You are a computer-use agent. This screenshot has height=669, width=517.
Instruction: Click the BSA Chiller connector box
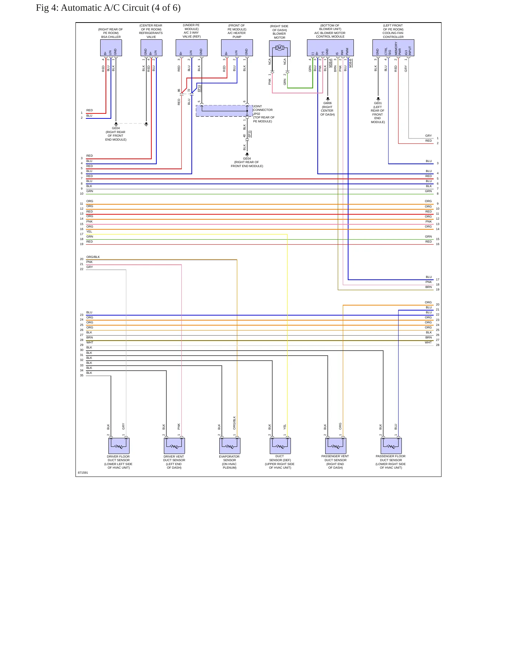point(111,48)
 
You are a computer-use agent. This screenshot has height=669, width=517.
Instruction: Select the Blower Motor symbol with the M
point(280,48)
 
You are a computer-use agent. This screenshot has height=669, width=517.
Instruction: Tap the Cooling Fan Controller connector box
point(393,48)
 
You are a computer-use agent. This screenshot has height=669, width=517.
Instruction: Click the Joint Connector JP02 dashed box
point(224,111)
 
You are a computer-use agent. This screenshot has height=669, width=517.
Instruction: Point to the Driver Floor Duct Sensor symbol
point(119,446)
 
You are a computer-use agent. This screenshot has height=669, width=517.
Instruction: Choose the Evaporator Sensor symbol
point(230,446)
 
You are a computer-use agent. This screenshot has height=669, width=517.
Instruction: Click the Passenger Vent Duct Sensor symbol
point(336,446)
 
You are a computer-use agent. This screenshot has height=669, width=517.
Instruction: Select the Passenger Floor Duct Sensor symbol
point(391,446)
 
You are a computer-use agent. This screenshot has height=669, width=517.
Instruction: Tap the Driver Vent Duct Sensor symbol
point(174,446)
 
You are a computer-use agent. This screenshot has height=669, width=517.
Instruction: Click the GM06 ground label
point(327,103)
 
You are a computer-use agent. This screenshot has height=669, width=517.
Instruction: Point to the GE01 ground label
point(378,103)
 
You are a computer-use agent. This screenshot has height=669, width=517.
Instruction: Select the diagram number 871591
point(83,473)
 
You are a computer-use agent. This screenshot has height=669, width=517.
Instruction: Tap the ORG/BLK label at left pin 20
point(93,257)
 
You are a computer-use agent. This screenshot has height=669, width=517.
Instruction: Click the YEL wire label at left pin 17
point(89,231)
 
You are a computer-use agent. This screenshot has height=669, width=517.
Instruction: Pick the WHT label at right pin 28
point(428,342)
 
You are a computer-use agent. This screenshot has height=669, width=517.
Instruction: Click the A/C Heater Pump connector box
point(237,48)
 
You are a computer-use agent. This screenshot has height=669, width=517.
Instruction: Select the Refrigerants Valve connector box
point(151,48)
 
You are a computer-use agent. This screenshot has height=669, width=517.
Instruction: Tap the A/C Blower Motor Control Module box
point(330,48)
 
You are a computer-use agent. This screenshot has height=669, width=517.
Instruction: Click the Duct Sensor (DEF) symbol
point(280,446)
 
